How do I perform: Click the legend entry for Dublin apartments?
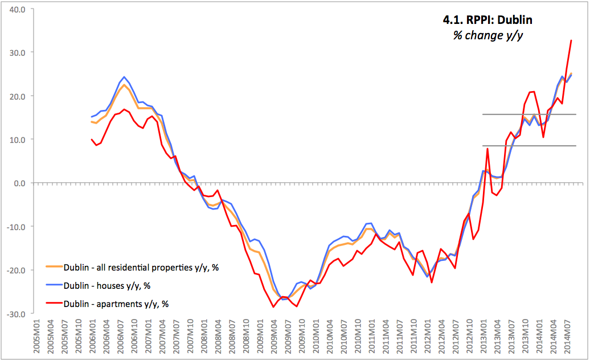116,304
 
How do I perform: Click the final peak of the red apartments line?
571,40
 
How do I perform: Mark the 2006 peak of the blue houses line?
124,77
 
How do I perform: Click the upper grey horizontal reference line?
529,114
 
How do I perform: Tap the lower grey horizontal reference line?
529,146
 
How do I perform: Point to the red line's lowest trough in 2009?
273,307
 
